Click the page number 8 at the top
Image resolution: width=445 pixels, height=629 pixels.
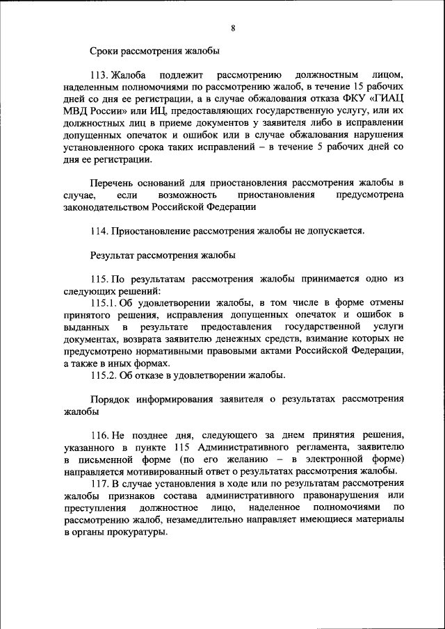pos(233,28)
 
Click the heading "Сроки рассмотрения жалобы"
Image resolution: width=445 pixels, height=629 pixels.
pos(155,51)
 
